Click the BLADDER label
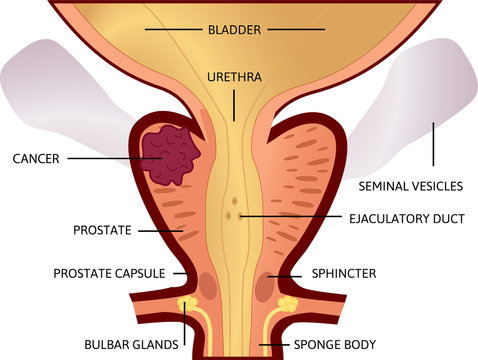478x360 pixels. pyautogui.click(x=235, y=30)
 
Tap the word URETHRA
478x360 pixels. pyautogui.click(x=235, y=76)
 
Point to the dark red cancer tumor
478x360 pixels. pyautogui.click(x=169, y=156)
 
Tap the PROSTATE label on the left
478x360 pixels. pyautogui.click(x=102, y=230)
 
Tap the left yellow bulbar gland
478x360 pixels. pyautogui.click(x=185, y=301)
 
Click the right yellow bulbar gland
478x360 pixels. pyautogui.click(x=288, y=302)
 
